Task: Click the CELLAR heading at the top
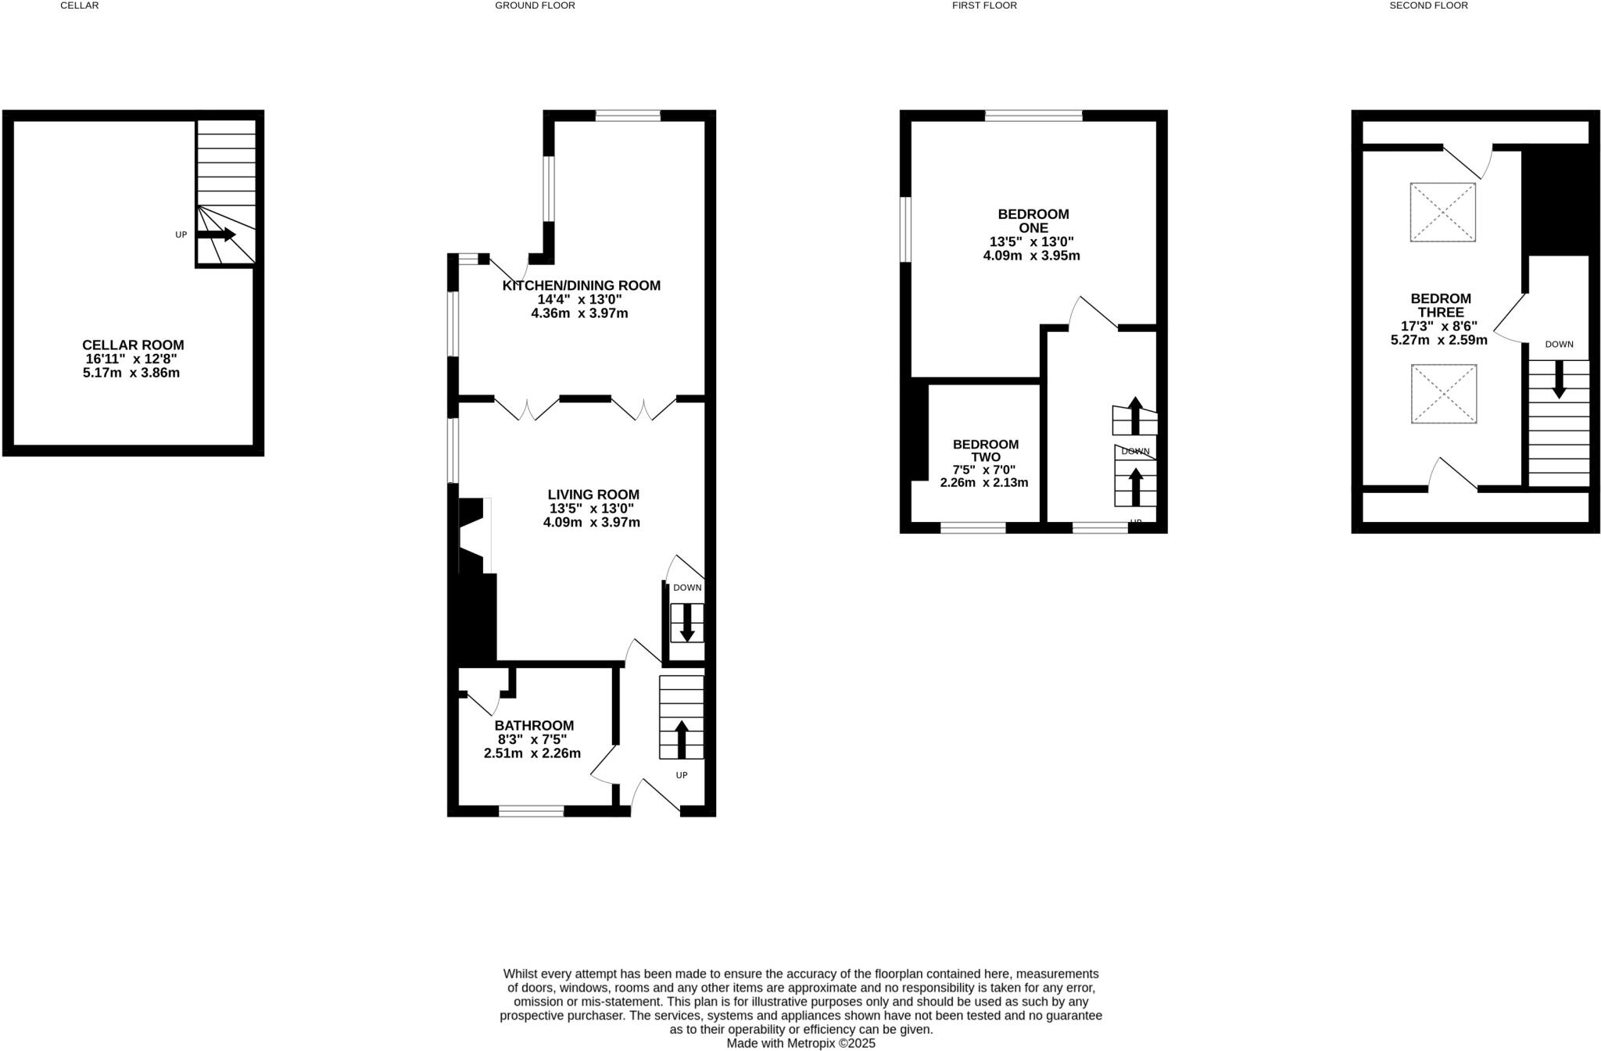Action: [x=79, y=5]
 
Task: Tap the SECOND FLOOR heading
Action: [x=1428, y=5]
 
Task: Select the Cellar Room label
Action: [x=133, y=345]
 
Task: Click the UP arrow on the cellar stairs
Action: [x=216, y=234]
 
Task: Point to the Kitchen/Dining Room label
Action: [x=581, y=286]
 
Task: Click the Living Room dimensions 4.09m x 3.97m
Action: [x=591, y=522]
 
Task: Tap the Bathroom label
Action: [x=534, y=725]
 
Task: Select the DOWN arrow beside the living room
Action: [x=687, y=623]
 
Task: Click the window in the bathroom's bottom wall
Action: [x=531, y=811]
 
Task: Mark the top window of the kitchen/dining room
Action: [x=628, y=116]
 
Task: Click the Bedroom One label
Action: [x=1033, y=220]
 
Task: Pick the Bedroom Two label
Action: [x=985, y=451]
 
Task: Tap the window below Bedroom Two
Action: [x=972, y=528]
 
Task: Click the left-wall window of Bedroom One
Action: [x=905, y=229]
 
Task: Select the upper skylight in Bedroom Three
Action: [x=1442, y=212]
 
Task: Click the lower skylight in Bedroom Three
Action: [x=1443, y=394]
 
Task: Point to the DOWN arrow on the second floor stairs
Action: [x=1558, y=379]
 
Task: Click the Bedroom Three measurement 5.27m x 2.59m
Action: [x=1438, y=340]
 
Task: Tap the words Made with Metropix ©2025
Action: [x=800, y=1043]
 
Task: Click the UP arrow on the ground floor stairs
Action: [x=681, y=738]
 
